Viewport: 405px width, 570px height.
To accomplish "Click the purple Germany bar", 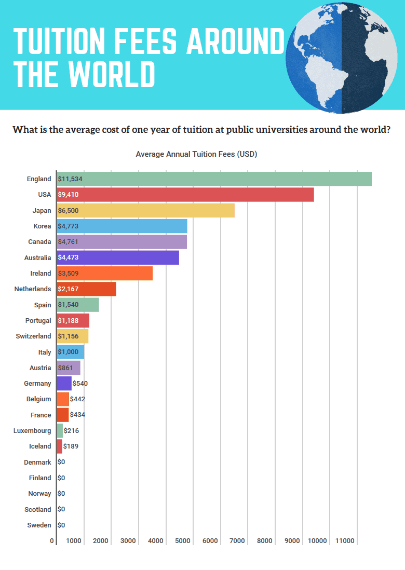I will pos(64,383).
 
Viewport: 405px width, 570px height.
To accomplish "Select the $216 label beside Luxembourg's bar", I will pos(71,430).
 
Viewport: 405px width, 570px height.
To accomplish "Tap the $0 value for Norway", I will pos(61,493).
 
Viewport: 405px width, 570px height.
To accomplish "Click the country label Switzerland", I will pos(33,336).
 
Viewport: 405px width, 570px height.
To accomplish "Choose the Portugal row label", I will pos(38,320).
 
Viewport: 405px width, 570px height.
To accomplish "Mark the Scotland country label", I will pos(37,509).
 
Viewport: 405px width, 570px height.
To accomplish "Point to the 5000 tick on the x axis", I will pos(182,541).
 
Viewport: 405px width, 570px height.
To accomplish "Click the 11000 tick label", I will pos(345,541).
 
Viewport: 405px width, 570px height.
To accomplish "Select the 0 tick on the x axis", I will pos(52,541).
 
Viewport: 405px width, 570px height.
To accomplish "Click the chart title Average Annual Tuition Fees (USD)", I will pos(196,154).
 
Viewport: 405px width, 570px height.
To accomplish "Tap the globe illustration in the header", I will pos(345,57).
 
